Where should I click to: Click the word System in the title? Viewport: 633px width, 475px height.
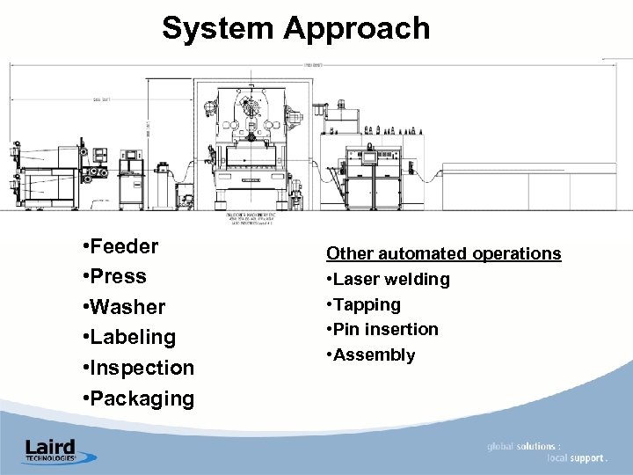click(218, 28)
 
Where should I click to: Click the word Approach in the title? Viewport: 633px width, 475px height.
click(356, 28)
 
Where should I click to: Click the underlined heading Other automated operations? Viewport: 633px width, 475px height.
click(443, 253)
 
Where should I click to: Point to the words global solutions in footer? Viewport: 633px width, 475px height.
click(524, 447)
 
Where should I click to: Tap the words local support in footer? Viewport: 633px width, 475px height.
click(575, 458)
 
